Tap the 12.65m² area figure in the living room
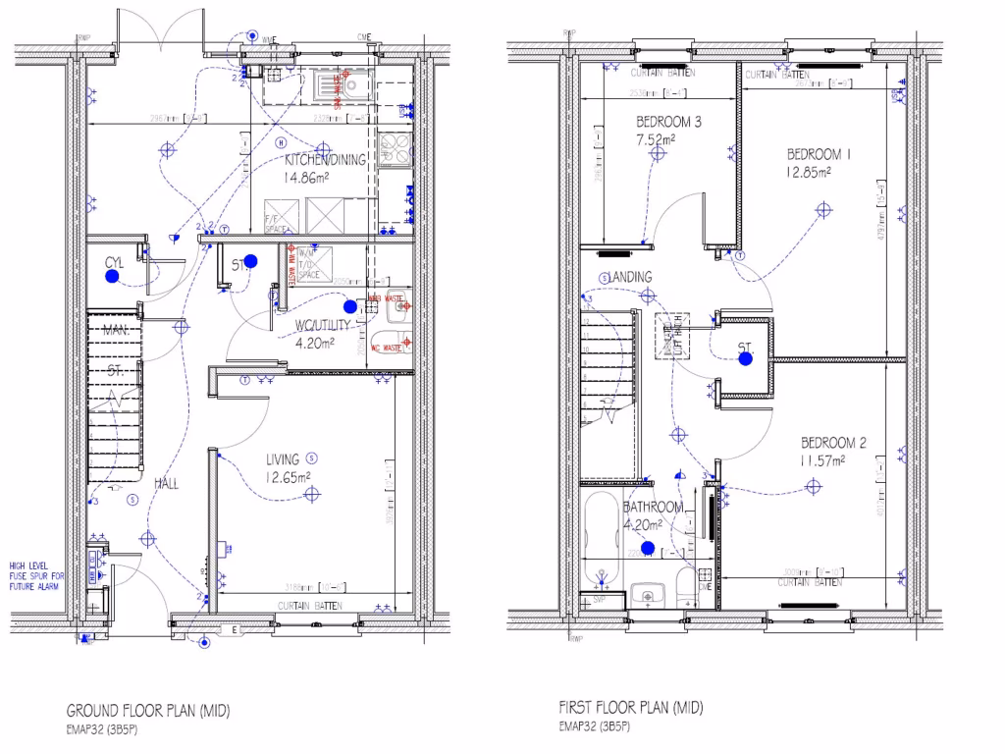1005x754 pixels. [288, 477]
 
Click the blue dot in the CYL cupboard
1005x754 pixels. [113, 278]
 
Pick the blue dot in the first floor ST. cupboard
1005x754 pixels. [745, 358]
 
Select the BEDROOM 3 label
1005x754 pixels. [668, 123]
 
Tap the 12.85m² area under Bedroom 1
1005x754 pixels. [808, 171]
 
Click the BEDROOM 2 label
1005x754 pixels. [832, 443]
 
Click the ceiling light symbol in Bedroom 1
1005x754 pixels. [822, 208]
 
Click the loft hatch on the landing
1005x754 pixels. [673, 335]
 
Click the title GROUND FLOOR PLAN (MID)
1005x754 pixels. [147, 710]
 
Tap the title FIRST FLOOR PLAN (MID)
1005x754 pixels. [630, 707]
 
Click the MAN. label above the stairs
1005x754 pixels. [116, 331]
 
